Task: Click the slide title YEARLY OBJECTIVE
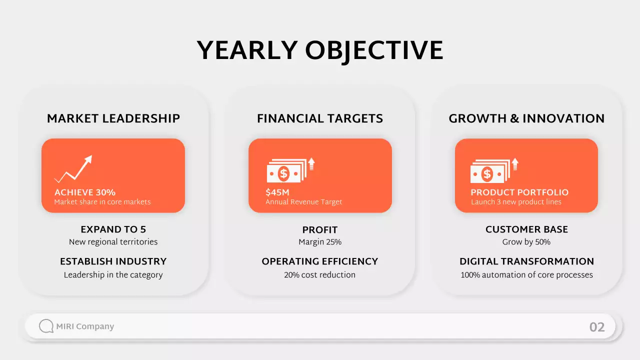(320, 50)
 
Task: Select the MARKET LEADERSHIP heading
(113, 118)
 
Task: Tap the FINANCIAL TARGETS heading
(320, 118)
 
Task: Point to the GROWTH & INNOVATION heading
(526, 118)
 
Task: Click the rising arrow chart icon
(73, 168)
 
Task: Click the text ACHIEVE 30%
(85, 192)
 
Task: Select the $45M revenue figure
(277, 192)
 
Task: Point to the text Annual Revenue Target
(304, 202)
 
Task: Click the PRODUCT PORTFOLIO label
(519, 192)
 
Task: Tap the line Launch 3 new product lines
(516, 202)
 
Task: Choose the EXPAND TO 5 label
(113, 229)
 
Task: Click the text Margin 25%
(320, 242)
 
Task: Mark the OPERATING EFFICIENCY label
(320, 261)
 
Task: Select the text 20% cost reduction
(320, 274)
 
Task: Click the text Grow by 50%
(526, 242)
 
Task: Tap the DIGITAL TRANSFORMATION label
(526, 261)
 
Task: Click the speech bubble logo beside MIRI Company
(46, 326)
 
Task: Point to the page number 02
(597, 327)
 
